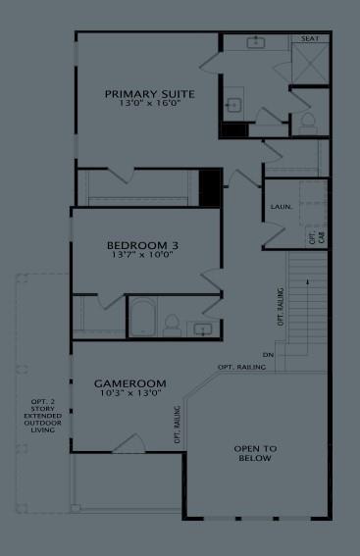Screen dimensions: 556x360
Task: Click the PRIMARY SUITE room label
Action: (x=149, y=94)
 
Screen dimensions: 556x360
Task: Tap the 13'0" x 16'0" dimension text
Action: (x=149, y=104)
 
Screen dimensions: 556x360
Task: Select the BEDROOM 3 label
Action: (x=142, y=245)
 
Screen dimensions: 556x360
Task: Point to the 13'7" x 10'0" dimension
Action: (x=142, y=255)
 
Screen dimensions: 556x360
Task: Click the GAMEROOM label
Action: (x=129, y=382)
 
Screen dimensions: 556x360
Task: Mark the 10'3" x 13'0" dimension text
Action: (x=129, y=393)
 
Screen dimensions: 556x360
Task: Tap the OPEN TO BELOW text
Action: (x=254, y=453)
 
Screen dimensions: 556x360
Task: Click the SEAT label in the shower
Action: (x=311, y=39)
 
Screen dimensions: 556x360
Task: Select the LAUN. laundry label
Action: (x=279, y=207)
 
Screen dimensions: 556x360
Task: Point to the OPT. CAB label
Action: (x=315, y=236)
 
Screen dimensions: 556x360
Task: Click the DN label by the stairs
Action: (x=268, y=354)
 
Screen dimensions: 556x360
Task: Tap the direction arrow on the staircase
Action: (x=309, y=282)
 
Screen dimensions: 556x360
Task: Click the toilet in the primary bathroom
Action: (x=307, y=122)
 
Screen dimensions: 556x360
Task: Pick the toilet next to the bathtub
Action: (x=172, y=323)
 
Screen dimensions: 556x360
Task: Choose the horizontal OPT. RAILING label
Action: (x=240, y=367)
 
